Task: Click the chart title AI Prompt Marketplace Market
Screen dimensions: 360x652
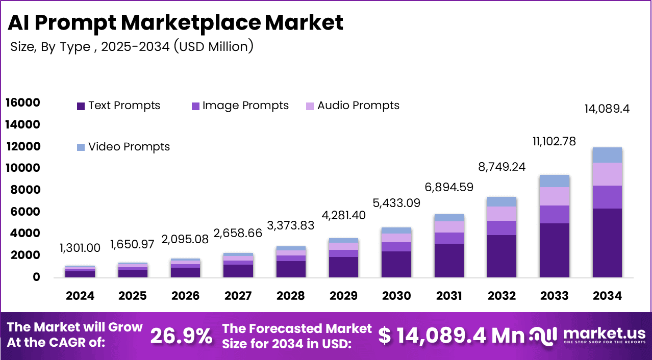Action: click(x=175, y=23)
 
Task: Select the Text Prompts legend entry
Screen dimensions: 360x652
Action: click(x=118, y=106)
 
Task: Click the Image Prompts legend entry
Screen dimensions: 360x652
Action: click(x=239, y=106)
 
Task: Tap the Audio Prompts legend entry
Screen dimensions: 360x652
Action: click(x=352, y=106)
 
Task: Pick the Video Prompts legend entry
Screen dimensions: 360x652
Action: click(x=123, y=147)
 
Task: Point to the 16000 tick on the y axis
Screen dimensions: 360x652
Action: click(x=22, y=103)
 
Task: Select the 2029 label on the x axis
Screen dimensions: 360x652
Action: click(x=343, y=296)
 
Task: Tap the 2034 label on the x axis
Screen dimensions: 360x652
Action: click(x=607, y=296)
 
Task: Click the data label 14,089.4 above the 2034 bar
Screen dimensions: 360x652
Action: click(x=607, y=109)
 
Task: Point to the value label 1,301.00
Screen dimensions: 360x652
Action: click(x=80, y=248)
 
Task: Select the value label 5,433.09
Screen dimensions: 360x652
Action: click(x=396, y=203)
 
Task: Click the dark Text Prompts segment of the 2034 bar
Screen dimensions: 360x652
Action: click(x=607, y=243)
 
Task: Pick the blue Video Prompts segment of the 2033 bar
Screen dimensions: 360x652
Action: click(x=555, y=181)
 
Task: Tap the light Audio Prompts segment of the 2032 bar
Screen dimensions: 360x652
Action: click(x=501, y=214)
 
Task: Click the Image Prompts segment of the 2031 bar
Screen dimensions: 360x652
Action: click(x=449, y=238)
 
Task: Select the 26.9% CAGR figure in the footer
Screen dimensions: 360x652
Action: click(x=182, y=336)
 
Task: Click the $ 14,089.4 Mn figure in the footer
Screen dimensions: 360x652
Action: click(x=452, y=336)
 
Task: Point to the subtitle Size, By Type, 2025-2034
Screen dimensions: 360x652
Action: click(x=132, y=47)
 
